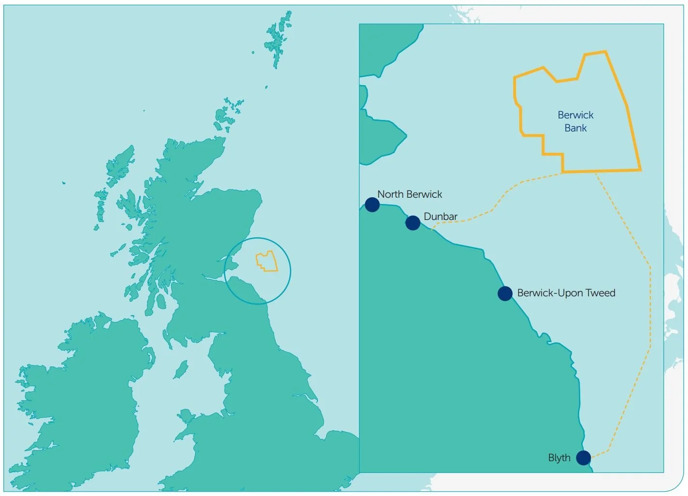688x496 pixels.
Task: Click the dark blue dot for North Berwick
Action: [372, 204]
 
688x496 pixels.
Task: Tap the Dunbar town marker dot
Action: [413, 223]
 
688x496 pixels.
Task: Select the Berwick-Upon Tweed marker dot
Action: [505, 293]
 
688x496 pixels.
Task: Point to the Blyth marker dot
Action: [583, 457]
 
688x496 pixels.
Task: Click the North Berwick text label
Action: [410, 194]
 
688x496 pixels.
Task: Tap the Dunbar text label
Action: [440, 217]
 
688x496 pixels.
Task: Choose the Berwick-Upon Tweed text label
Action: [566, 293]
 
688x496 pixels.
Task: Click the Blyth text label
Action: [559, 458]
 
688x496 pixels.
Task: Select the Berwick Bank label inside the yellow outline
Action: [575, 121]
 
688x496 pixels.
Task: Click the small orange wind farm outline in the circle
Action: [267, 261]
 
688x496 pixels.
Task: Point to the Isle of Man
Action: [181, 370]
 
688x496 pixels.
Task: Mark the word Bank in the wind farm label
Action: [575, 128]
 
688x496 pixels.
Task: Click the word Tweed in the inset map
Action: [601, 293]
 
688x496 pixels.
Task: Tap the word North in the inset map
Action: [390, 194]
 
